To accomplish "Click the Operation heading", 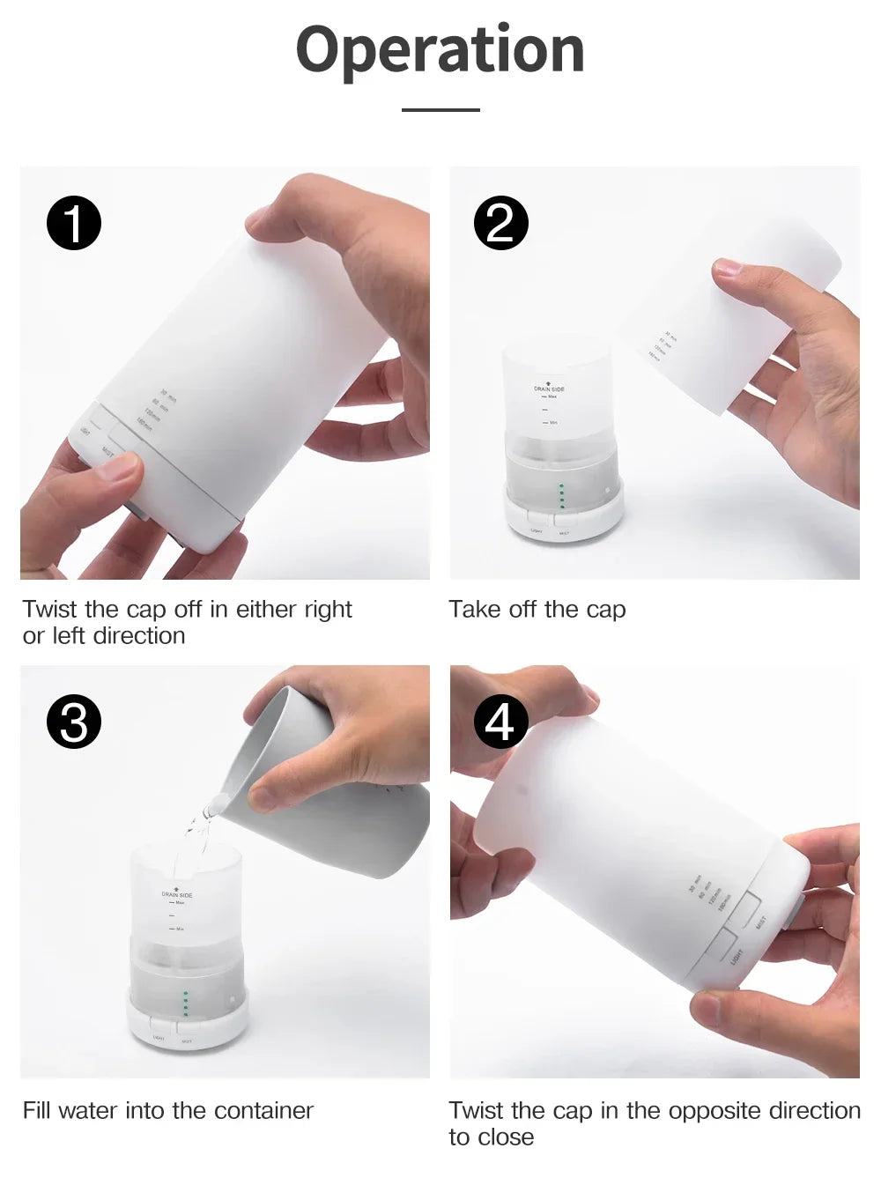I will [x=440, y=50].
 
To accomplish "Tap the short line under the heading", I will [x=440, y=110].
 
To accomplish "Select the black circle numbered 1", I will [x=74, y=223].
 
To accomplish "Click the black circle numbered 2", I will [x=500, y=223].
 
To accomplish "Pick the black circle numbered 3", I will [x=74, y=722].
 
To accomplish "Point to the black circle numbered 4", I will [x=500, y=722].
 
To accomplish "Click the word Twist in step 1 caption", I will [x=50, y=610].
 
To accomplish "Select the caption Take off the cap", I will [x=537, y=610].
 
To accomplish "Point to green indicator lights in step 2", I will [x=561, y=496].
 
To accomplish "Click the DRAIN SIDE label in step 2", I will [x=549, y=389].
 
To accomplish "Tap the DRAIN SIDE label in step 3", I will [x=176, y=894].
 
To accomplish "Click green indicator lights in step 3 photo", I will [x=185, y=1004].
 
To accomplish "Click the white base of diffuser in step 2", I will [x=564, y=520].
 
